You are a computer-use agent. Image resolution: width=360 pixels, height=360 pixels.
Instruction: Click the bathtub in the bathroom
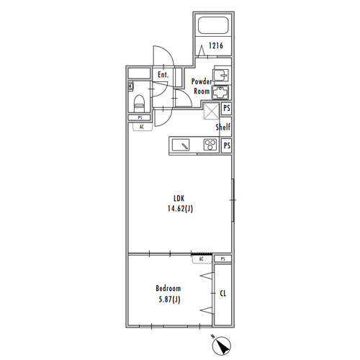pyautogui.click(x=213, y=25)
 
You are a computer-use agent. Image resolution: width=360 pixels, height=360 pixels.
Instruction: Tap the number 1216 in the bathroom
pyautogui.click(x=216, y=45)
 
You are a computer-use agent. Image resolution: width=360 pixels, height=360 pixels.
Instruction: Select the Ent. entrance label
pyautogui.click(x=163, y=75)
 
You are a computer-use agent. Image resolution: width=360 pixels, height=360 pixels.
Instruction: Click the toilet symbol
pyautogui.click(x=139, y=103)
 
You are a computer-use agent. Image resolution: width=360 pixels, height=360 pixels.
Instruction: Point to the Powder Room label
pyautogui.click(x=202, y=86)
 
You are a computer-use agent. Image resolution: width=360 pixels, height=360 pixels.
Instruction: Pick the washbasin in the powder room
pyautogui.click(x=220, y=75)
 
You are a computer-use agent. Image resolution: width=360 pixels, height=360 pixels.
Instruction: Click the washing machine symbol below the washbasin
pyautogui.click(x=220, y=92)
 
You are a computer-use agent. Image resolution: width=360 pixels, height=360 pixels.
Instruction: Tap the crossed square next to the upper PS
pyautogui.click(x=211, y=110)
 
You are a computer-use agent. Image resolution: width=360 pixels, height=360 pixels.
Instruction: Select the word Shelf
pyautogui.click(x=223, y=127)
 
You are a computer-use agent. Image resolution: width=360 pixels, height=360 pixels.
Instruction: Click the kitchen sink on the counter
pyautogui.click(x=181, y=145)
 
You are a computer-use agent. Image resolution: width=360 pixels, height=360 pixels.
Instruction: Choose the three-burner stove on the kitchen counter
pyautogui.click(x=210, y=145)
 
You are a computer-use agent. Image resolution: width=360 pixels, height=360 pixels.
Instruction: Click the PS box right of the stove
pyautogui.click(x=227, y=145)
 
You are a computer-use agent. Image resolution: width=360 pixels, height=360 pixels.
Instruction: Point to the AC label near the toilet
pyautogui.click(x=142, y=127)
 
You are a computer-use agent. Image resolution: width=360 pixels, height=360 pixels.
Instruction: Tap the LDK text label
pyautogui.click(x=179, y=199)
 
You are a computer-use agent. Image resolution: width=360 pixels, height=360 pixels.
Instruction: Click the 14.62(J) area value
pyautogui.click(x=180, y=209)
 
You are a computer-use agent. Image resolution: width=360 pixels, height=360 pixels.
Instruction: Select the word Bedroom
pyautogui.click(x=168, y=288)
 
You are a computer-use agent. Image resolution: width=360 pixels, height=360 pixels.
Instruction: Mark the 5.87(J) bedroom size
pyautogui.click(x=169, y=300)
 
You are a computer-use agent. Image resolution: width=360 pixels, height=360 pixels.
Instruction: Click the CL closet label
pyautogui.click(x=223, y=293)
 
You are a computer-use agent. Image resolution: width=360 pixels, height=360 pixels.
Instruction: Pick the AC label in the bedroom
pyautogui.click(x=201, y=258)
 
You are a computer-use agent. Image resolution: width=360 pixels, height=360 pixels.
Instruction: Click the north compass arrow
pyautogui.click(x=221, y=346)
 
